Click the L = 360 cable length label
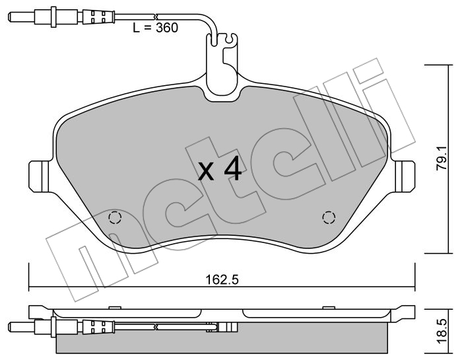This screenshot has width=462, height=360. (x=155, y=28)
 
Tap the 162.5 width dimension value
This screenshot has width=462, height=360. (x=222, y=279)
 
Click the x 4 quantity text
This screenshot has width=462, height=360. (x=220, y=169)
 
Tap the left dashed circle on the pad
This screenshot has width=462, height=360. (x=115, y=218)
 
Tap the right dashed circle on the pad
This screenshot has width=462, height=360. (x=329, y=218)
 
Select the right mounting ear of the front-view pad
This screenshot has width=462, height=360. (x=403, y=176)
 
